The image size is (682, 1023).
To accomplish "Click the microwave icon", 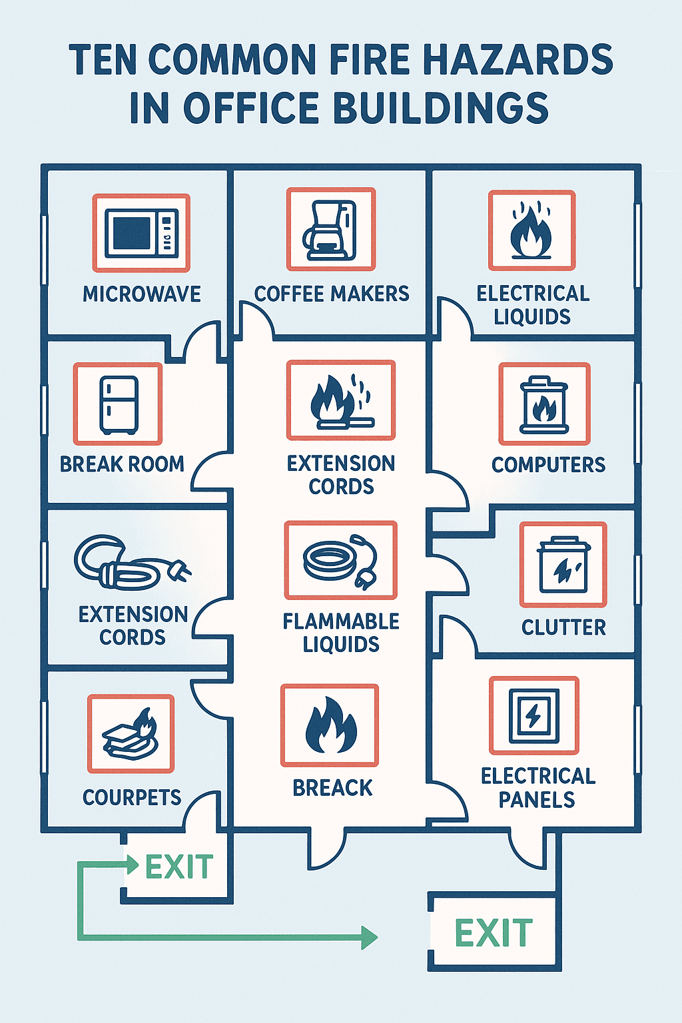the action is tap(141, 233).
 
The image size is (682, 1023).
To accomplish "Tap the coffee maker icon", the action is tap(330, 230).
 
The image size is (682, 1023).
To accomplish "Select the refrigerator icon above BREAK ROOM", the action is tap(119, 404).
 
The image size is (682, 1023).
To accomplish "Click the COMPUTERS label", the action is tap(548, 464).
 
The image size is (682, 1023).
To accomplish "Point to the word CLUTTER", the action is tap(563, 627).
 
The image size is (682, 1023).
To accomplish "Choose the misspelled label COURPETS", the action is tap(132, 797).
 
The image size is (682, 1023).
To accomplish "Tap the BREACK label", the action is tap(332, 788).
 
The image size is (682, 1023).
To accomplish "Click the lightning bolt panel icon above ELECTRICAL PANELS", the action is tap(533, 716).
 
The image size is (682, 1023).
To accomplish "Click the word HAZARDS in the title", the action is tap(518, 59).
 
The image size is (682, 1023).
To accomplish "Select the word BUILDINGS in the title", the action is tap(441, 108).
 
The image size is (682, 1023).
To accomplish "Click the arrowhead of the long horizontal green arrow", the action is tap(369, 938).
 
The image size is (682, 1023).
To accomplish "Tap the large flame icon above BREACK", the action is tap(331, 725).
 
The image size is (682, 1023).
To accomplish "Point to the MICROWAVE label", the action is tap(142, 294).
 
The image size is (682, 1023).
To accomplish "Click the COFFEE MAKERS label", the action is tap(332, 293).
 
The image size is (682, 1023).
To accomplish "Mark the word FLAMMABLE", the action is tap(341, 621).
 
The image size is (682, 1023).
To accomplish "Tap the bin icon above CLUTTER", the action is tap(563, 565).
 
